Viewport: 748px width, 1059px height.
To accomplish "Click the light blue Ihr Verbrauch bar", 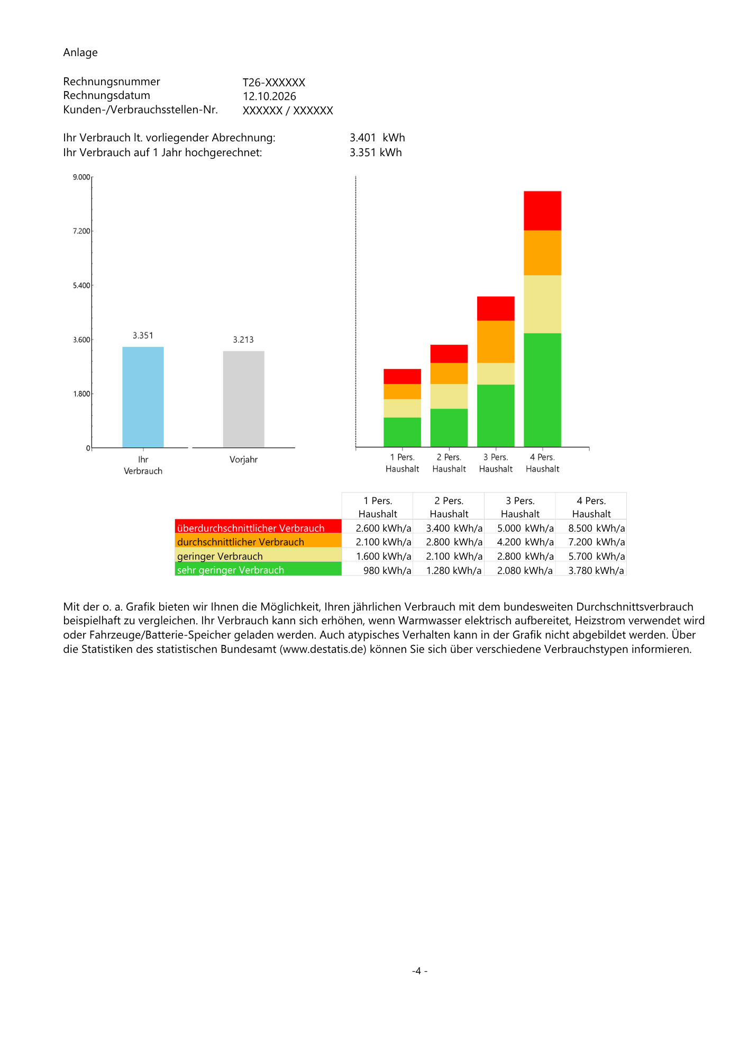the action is [143, 397].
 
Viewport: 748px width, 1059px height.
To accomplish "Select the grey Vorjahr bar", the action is [243, 399].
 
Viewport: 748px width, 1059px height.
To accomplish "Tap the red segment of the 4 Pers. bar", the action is [542, 211].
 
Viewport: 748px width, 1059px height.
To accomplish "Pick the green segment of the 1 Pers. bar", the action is [402, 432].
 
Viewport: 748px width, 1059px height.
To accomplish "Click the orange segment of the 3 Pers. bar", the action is [496, 342].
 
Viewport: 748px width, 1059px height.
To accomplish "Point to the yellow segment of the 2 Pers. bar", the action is [449, 396].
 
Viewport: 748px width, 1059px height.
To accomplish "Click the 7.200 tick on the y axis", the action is [81, 231].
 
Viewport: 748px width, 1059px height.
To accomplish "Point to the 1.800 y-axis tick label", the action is [81, 394].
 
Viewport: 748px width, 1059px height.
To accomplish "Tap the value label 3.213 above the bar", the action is [243, 340].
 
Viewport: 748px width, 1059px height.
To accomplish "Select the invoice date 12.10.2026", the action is [269, 96].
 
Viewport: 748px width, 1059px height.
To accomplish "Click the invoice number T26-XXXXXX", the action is [274, 83].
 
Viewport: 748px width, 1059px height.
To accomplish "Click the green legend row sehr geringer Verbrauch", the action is [258, 569].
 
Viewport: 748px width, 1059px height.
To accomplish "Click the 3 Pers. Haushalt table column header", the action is [520, 507].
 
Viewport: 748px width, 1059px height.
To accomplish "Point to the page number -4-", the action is [420, 971].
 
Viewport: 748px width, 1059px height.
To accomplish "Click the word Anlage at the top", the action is [80, 52].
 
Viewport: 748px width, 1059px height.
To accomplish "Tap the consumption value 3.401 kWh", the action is [377, 138].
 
